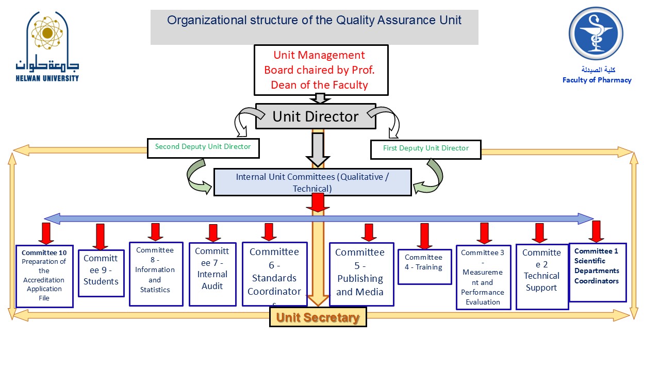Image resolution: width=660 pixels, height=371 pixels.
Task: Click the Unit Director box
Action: [316, 116]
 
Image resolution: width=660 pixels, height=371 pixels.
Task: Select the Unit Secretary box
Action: [318, 317]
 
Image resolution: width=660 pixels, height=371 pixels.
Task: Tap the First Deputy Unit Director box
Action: [425, 149]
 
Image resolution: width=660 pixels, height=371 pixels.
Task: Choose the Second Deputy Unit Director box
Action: [203, 148]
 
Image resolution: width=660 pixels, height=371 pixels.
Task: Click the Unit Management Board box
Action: [320, 70]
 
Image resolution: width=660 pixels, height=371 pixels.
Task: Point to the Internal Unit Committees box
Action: [312, 182]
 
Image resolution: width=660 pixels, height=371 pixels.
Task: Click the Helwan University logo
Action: [47, 46]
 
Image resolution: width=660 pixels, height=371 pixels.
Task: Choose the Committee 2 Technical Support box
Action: [541, 276]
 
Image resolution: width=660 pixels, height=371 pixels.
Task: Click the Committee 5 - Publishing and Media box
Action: [360, 274]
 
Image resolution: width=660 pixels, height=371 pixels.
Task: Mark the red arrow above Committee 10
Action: [46, 233]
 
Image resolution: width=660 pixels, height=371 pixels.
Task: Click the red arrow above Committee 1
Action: [597, 231]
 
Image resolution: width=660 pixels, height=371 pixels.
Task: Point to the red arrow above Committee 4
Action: [424, 236]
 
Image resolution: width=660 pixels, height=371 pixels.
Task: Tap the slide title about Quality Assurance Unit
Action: [314, 21]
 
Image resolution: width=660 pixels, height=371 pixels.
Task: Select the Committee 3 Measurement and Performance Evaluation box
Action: [483, 277]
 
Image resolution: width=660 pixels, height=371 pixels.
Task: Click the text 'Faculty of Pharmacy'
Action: [597, 80]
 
